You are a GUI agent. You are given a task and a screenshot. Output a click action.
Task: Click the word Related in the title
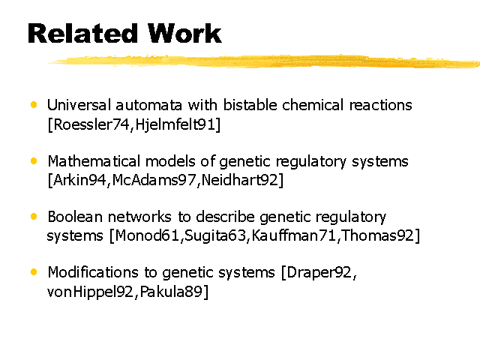click(82, 33)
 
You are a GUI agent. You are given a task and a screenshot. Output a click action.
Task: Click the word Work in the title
click(184, 33)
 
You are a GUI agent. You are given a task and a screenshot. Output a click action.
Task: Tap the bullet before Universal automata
click(34, 105)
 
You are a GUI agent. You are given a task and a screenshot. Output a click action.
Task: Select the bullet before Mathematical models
click(34, 161)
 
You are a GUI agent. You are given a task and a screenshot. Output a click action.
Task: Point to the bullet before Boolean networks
click(34, 217)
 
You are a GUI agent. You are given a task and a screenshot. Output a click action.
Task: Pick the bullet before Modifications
click(34, 272)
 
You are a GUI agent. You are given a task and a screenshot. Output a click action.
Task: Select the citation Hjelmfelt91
click(175, 124)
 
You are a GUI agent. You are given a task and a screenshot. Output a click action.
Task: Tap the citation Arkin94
click(80, 180)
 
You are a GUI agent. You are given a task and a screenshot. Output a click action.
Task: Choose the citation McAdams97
click(154, 180)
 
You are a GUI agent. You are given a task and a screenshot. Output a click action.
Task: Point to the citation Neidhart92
click(240, 180)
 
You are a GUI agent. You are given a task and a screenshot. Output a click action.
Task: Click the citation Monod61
click(147, 235)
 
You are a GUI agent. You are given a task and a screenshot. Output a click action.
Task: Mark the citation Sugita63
click(215, 236)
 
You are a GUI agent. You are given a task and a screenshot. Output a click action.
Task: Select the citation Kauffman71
click(294, 235)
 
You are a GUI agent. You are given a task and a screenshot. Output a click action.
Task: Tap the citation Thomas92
click(378, 235)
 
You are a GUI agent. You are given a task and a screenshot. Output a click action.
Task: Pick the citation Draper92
click(319, 273)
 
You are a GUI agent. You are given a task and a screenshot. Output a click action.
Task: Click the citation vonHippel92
click(90, 292)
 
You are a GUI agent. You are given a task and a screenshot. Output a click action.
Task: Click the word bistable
click(250, 105)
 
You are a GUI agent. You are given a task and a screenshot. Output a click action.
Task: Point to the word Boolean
click(75, 217)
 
